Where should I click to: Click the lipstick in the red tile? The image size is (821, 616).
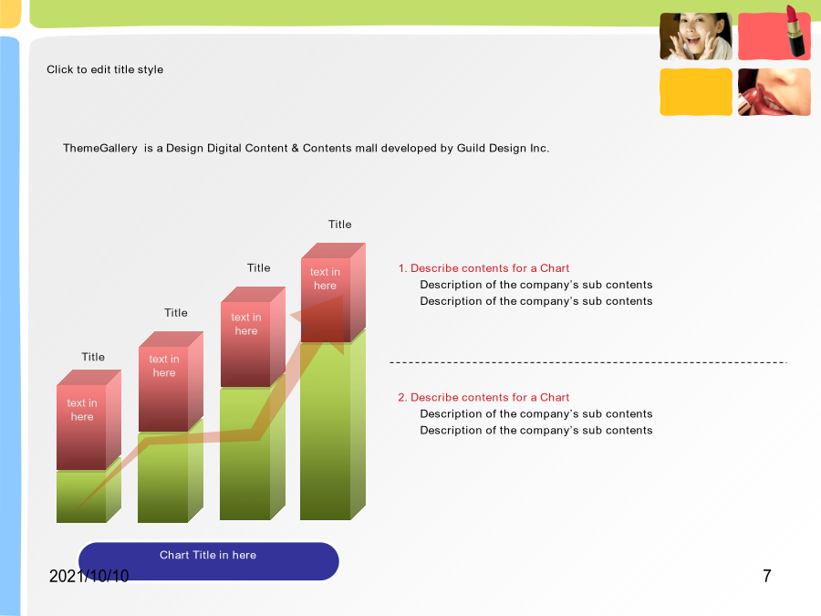(795, 31)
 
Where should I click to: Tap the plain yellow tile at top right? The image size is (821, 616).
(696, 91)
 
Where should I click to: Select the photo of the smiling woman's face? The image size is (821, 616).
(696, 37)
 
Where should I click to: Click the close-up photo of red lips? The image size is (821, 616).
(774, 91)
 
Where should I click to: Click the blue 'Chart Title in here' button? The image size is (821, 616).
(208, 561)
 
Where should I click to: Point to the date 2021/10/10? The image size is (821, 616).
(89, 576)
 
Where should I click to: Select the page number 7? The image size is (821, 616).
(767, 576)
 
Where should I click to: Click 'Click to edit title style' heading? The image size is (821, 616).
(105, 69)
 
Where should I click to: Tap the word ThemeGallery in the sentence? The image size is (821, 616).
(100, 148)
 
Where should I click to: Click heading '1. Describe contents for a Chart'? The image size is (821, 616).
(483, 268)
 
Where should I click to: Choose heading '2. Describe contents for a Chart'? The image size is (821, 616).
(483, 398)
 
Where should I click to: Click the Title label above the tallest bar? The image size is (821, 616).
(340, 224)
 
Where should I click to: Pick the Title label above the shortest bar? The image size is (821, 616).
(93, 357)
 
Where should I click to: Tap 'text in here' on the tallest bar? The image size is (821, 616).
(325, 278)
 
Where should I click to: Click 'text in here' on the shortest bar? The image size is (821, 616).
(82, 410)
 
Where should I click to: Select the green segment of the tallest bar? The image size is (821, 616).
(332, 430)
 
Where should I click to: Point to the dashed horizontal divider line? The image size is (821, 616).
(588, 362)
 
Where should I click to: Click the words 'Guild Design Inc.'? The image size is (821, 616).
(503, 148)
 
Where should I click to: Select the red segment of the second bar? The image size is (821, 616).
(171, 381)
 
